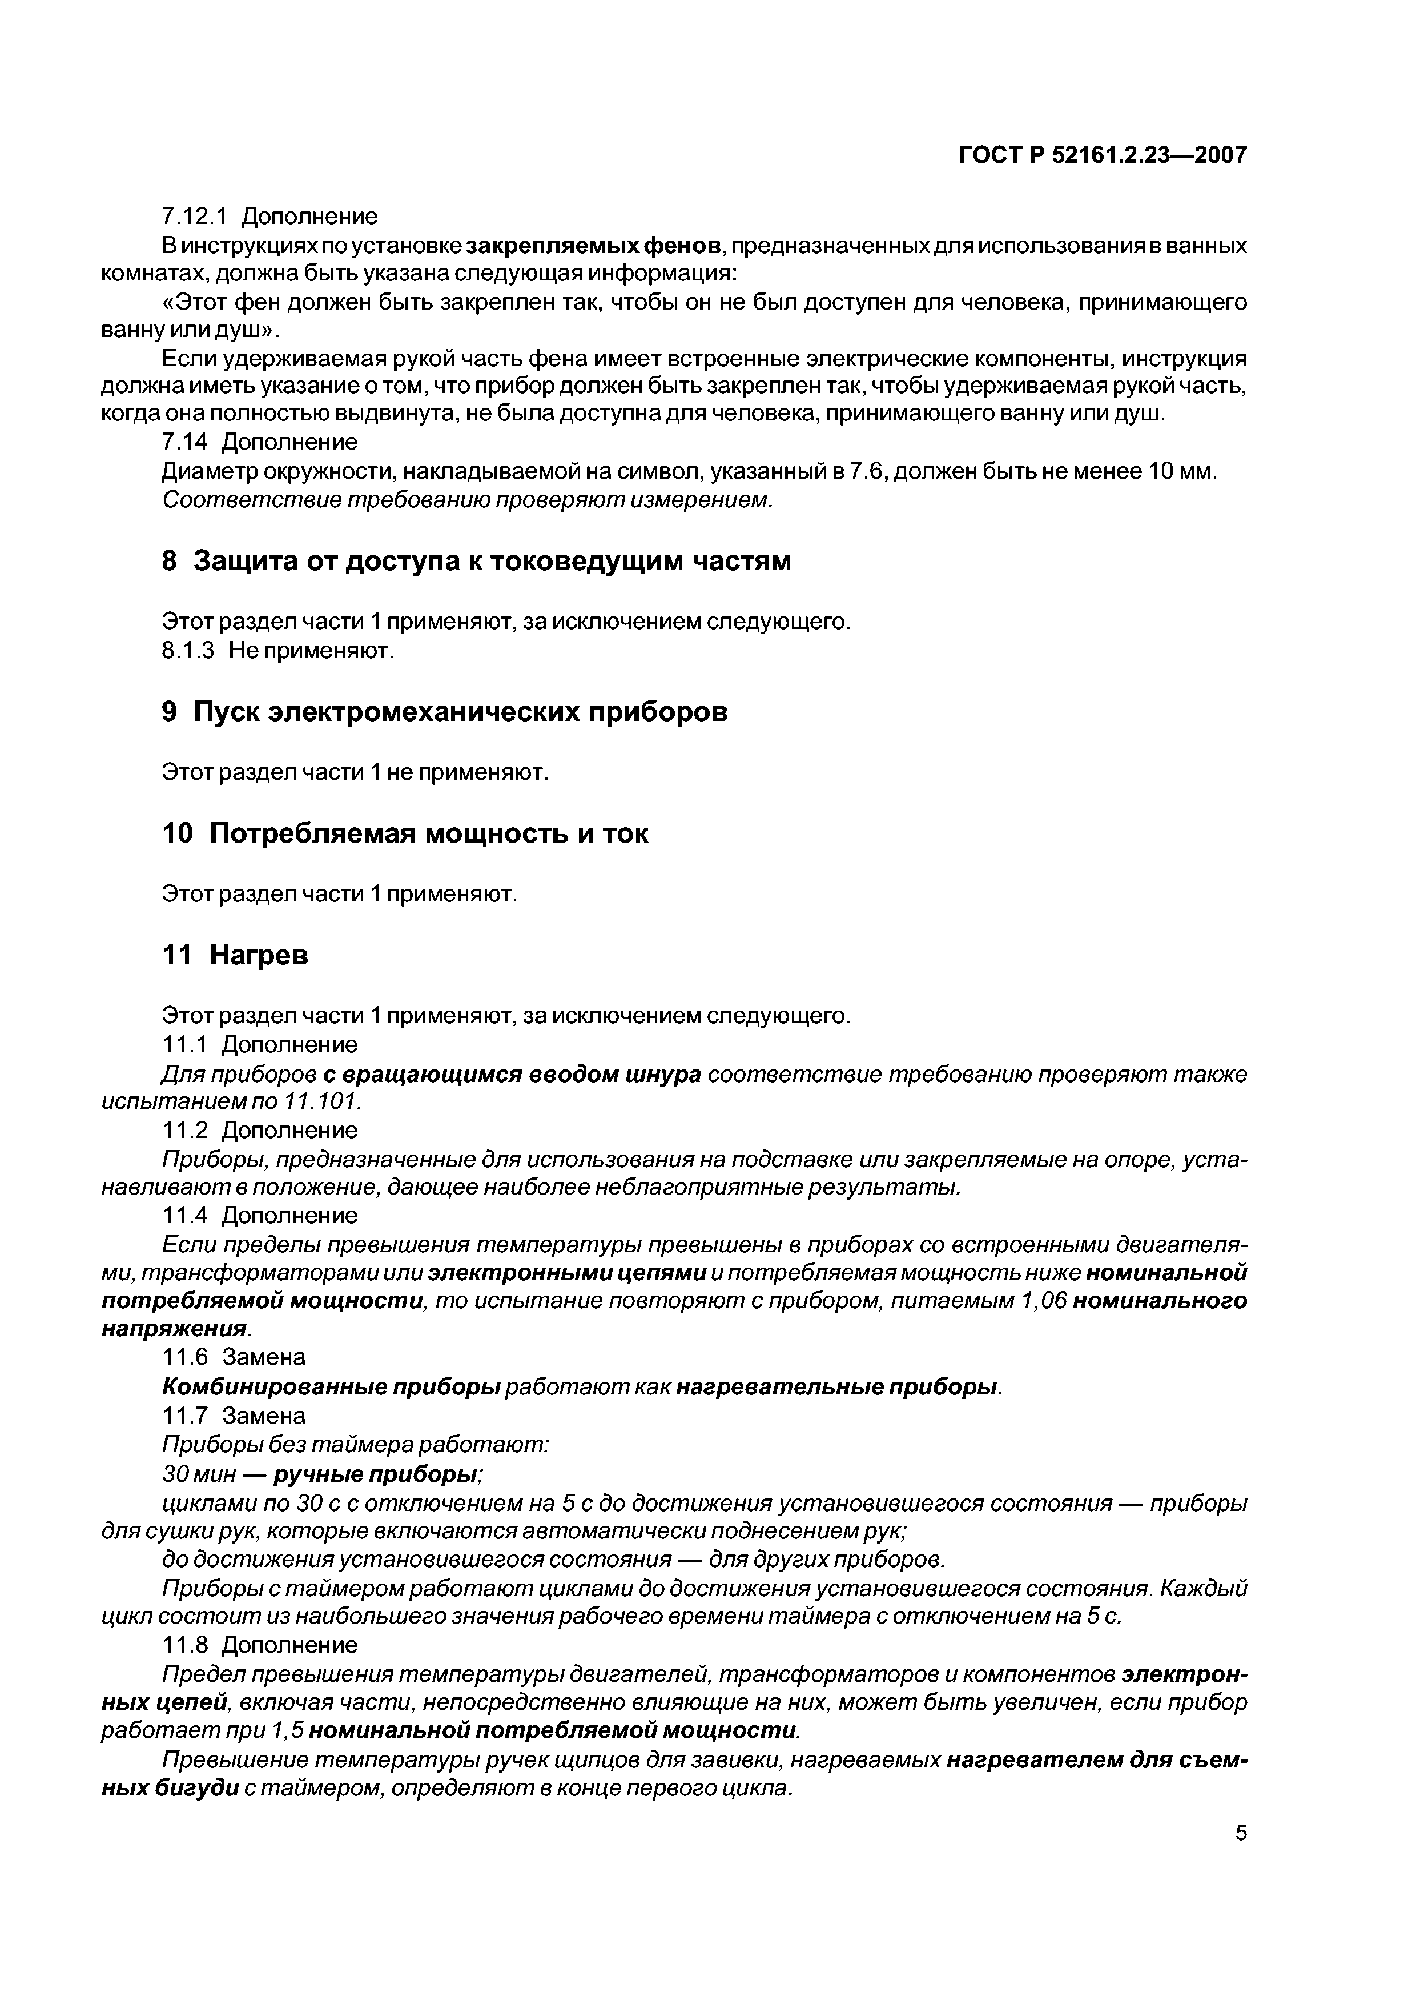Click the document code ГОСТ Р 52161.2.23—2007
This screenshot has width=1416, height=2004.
(x=1103, y=155)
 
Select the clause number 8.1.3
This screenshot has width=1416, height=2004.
(x=188, y=651)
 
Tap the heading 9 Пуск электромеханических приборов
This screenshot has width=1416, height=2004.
(x=445, y=712)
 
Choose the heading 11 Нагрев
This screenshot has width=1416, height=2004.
(x=236, y=956)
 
